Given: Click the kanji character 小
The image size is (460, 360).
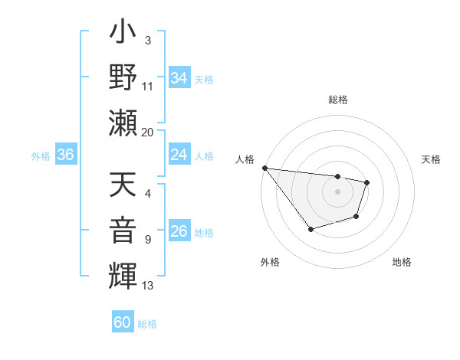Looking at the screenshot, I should (x=123, y=34).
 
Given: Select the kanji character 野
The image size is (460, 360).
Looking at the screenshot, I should (x=123, y=78).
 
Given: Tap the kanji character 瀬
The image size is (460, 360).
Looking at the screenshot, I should (x=123, y=123).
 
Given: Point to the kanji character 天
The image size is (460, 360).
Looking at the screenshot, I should (x=123, y=186).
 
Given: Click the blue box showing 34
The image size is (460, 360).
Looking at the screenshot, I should (x=179, y=78).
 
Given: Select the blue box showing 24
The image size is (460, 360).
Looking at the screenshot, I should (x=179, y=155).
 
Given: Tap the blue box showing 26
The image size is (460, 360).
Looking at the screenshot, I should (x=179, y=231).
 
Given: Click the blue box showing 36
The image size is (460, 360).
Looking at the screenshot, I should (x=65, y=155).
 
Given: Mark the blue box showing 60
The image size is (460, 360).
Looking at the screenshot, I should (x=123, y=322).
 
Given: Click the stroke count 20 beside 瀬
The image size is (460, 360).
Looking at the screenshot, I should (x=147, y=132).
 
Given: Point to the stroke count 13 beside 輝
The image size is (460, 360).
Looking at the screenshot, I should (x=147, y=286).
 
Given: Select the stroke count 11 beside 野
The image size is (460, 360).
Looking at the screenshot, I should (x=147, y=87).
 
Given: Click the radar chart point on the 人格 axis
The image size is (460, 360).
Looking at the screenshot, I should (x=264, y=168).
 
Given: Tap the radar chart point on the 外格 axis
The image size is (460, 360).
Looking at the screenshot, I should (x=310, y=229).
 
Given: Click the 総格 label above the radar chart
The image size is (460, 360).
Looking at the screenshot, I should (x=337, y=100).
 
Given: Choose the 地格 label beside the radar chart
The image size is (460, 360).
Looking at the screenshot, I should (x=402, y=262).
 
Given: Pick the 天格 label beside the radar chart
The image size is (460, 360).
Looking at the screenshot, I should (x=431, y=159).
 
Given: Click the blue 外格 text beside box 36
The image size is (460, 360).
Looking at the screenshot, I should (x=41, y=155).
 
